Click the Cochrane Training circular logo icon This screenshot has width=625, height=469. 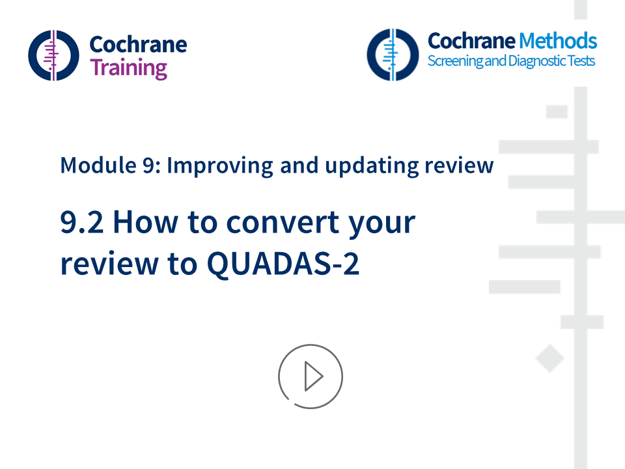click(53, 55)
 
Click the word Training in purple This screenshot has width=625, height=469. click(128, 68)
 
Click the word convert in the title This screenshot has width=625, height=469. click(283, 223)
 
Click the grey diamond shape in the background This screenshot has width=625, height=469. click(549, 359)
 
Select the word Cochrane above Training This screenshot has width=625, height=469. click(137, 44)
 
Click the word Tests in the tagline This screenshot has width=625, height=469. click(579, 61)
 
